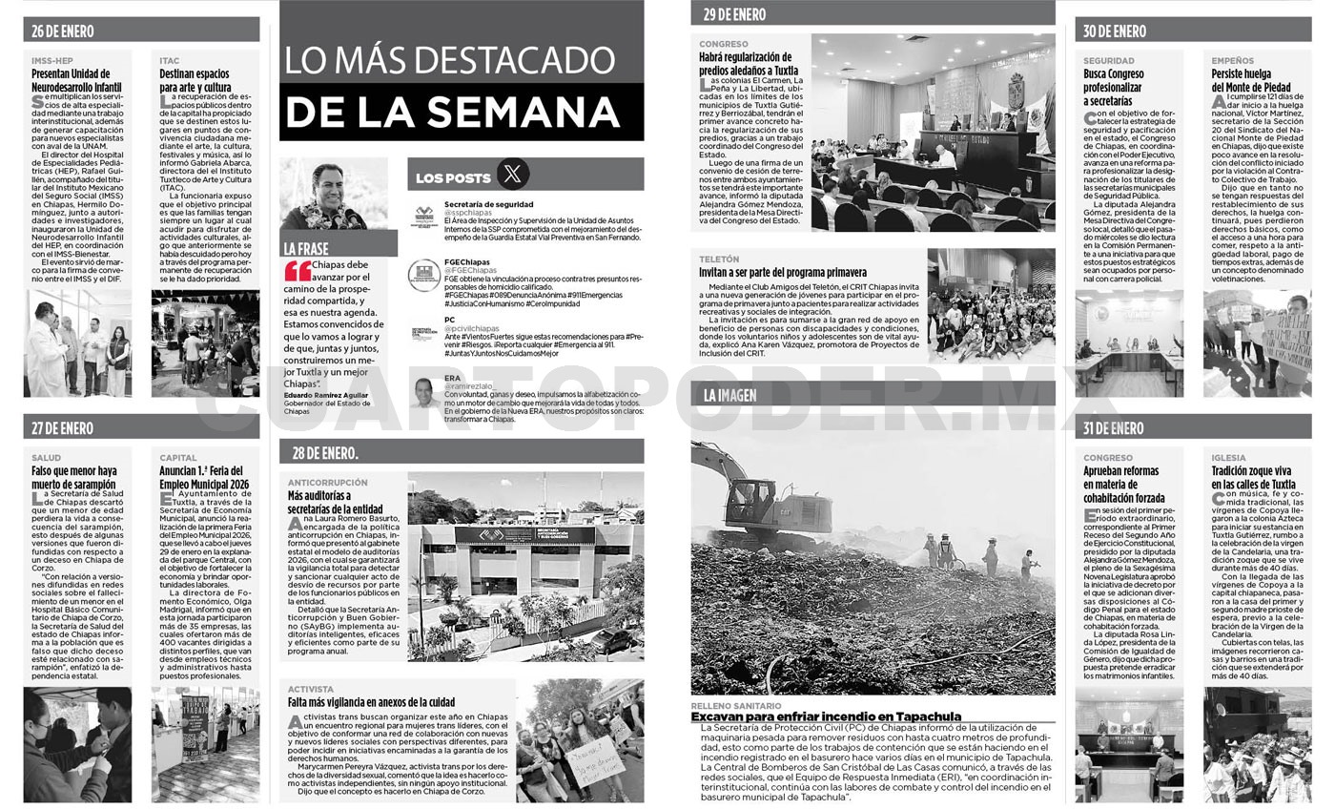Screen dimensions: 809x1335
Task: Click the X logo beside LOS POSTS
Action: point(513,175)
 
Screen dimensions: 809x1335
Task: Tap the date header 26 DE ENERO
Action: point(62,31)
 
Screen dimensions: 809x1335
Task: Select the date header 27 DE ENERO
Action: point(62,428)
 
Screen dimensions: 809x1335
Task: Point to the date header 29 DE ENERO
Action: point(734,14)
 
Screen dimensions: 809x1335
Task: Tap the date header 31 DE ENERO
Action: point(1113,428)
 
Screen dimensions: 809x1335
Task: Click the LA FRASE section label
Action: point(306,248)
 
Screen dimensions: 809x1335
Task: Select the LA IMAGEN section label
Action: point(729,395)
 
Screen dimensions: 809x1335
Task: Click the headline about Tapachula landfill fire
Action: point(826,716)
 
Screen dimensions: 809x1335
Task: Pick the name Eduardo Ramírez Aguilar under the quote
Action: point(324,394)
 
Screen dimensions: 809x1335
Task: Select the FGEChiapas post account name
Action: point(466,261)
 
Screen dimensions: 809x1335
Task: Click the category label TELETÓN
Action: point(718,259)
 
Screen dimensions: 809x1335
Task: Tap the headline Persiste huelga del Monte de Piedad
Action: point(1250,80)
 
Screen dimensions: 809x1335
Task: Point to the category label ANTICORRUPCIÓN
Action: point(327,483)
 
